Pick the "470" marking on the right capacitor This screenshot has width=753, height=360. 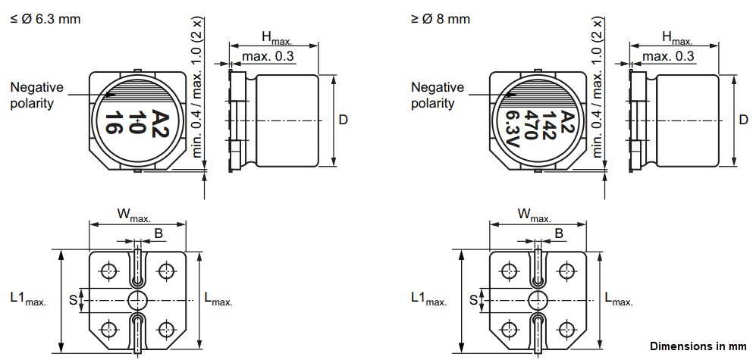[530, 124]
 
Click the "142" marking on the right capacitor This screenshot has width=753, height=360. [547, 121]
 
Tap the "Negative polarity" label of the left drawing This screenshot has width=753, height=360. [36, 95]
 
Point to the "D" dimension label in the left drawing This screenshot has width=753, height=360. [343, 120]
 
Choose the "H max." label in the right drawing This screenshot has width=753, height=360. [676, 37]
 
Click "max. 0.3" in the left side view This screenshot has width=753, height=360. [267, 57]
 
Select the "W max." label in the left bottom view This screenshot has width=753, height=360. [133, 216]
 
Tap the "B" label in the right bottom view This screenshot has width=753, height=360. [558, 234]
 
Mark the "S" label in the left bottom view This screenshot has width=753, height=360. [74, 300]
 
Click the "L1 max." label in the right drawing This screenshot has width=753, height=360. [428, 299]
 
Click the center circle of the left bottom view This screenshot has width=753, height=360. [137, 298]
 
